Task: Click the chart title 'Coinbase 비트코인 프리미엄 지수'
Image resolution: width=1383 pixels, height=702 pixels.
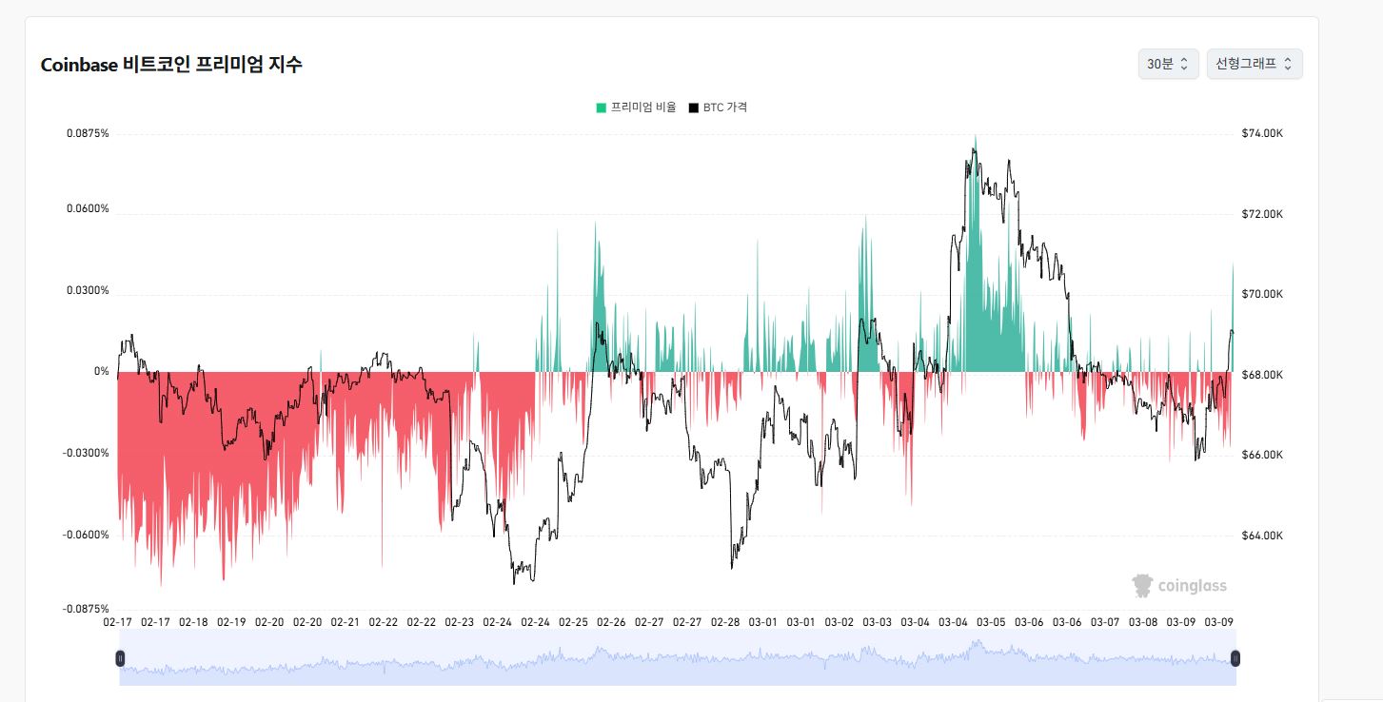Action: tap(171, 64)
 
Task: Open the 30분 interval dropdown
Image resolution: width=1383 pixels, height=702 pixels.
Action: tap(1168, 64)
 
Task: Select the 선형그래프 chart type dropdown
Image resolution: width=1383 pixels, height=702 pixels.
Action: tap(1255, 64)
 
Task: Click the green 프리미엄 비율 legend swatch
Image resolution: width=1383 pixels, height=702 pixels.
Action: tap(601, 107)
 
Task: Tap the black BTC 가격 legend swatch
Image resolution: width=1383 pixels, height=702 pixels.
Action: tap(693, 107)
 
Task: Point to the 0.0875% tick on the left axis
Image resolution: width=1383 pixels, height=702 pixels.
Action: tap(88, 133)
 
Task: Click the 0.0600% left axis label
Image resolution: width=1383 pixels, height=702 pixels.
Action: tap(88, 208)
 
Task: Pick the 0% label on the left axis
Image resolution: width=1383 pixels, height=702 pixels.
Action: tap(101, 371)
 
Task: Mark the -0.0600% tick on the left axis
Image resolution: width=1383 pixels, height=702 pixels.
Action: tap(86, 535)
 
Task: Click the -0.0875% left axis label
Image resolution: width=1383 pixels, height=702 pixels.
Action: tap(86, 610)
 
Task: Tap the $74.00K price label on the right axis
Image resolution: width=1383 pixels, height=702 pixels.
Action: tap(1262, 133)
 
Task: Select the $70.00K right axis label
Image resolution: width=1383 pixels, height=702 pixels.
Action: tap(1262, 294)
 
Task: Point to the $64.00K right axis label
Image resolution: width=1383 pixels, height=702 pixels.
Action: tap(1262, 536)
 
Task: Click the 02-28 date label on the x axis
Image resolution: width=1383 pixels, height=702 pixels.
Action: tap(725, 622)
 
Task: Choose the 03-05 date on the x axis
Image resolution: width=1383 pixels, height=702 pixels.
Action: tap(991, 622)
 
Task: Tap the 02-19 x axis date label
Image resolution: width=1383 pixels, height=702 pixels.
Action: tap(231, 622)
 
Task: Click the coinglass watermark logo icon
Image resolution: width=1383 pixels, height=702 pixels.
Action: tap(1142, 586)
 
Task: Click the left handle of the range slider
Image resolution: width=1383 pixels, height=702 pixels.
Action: tap(120, 659)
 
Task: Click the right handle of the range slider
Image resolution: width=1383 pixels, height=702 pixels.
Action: tap(1235, 659)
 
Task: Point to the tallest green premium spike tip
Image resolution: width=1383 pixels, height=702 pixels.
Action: tap(976, 135)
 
